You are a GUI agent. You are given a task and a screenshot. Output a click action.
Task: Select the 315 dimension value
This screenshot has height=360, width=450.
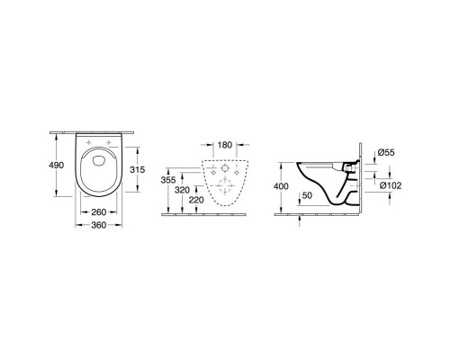point(136,171)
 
